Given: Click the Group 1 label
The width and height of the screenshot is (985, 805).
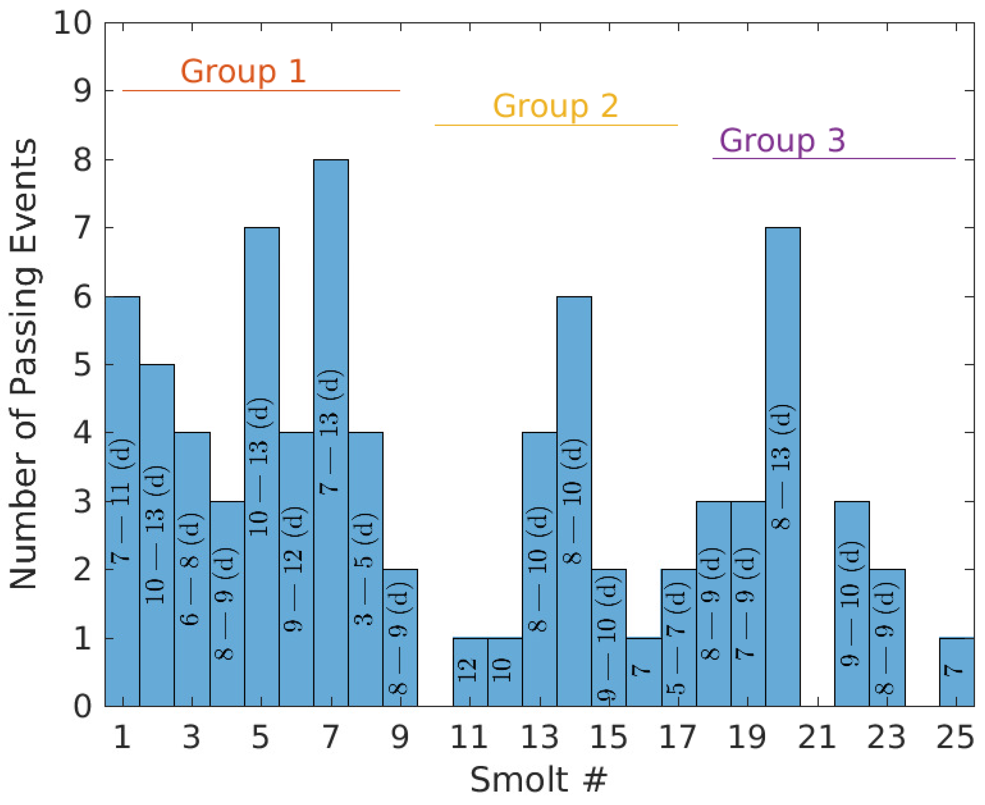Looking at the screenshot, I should point(243,71).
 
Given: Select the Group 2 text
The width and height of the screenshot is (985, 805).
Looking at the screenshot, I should point(555,106).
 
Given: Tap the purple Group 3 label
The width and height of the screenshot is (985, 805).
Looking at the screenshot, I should point(782,140).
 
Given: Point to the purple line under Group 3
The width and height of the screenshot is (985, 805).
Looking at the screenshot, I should point(833,159).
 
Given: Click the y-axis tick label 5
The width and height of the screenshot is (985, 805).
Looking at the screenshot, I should point(83,365).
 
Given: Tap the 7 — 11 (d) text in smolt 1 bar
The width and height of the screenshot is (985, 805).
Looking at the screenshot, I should point(122,501).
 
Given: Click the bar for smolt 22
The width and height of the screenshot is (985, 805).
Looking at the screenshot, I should point(852,603).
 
